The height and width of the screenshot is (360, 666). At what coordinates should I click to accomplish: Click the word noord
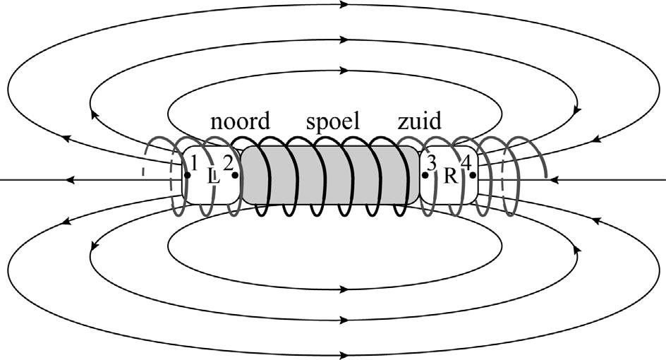coord(240,121)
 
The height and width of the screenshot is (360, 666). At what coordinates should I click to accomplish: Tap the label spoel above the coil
coord(333,122)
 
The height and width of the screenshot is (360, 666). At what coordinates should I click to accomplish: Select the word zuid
coord(419,121)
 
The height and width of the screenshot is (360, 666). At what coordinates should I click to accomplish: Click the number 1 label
coord(194,162)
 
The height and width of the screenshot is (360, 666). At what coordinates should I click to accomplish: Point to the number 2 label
coord(228,162)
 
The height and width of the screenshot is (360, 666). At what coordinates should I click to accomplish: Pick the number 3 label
coord(431,162)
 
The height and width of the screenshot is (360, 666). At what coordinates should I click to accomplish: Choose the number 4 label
coord(466,162)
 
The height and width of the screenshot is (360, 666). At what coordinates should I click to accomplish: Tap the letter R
coord(450,176)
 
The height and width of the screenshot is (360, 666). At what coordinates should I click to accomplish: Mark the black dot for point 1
coord(187,174)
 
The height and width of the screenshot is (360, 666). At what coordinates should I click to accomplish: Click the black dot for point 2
coord(235,174)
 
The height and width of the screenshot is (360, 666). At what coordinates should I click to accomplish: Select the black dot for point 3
coord(425,174)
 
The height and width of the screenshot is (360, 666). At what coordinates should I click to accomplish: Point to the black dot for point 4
coord(473,174)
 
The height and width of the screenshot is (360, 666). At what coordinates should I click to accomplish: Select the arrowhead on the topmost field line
coord(345,5)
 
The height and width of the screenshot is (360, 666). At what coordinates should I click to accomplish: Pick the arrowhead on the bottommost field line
coord(345,354)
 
